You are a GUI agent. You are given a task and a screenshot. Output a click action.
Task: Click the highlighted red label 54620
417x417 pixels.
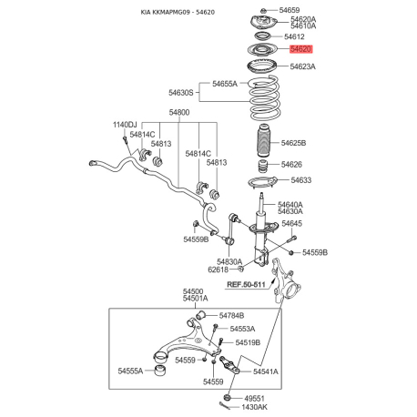point(300,49)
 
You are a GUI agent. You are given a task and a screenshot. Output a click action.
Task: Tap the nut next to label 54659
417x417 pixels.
point(264,10)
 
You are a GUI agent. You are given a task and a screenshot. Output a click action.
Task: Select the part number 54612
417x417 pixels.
point(294,36)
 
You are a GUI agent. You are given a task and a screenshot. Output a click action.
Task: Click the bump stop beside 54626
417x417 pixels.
point(263,167)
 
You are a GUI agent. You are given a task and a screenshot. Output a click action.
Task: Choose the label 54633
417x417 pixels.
point(301,180)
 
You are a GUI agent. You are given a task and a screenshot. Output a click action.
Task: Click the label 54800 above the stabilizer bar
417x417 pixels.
point(179,113)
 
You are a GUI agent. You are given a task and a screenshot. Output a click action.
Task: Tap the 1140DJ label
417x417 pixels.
point(125,125)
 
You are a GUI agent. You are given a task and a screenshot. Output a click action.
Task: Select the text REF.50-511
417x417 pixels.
point(246,285)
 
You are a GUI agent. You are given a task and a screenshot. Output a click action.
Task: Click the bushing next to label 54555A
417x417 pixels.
point(160,371)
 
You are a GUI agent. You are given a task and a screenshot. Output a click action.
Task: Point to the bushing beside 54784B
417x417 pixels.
point(200,314)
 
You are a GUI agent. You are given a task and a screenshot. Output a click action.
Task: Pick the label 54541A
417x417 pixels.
point(266,371)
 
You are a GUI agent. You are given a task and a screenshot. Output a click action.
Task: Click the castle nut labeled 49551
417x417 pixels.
point(227,398)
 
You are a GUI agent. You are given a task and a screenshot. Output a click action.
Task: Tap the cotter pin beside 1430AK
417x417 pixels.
point(226,406)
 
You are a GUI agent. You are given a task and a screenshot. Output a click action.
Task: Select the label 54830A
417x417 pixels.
point(229,261)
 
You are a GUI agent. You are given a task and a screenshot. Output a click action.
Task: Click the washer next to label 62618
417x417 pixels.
point(240,269)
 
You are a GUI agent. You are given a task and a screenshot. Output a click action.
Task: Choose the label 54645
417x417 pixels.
point(291,224)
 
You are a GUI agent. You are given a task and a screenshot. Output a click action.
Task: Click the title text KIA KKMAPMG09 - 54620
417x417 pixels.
point(178,12)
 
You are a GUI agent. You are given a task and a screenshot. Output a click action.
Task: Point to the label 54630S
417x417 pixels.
point(181,93)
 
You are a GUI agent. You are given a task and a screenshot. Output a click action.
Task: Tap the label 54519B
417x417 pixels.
point(248,342)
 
